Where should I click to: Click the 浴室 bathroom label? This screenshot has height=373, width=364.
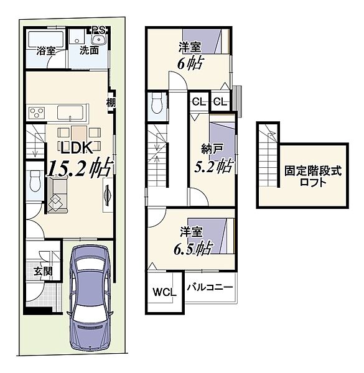[x=46, y=51]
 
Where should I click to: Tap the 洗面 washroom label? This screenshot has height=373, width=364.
[x=89, y=50]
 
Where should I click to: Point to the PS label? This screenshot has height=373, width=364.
[x=99, y=30]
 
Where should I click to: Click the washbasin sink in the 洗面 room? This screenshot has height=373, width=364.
[x=99, y=40]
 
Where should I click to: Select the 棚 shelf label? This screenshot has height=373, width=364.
[x=111, y=103]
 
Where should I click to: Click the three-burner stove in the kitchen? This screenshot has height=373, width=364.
[x=37, y=113]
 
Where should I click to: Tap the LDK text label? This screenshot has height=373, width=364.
[x=77, y=147]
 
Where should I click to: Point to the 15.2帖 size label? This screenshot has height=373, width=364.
[x=79, y=168]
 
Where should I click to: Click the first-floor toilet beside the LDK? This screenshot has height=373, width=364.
[x=35, y=180]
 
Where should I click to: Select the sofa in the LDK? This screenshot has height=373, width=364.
[x=57, y=196]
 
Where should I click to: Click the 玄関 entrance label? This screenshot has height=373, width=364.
[x=43, y=271]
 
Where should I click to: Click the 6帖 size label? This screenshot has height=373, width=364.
[x=190, y=64]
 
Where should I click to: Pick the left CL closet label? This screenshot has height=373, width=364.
[x=199, y=102]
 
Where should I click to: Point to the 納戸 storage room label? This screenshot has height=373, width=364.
[x=212, y=150]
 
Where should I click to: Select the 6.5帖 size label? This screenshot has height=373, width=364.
[x=192, y=249]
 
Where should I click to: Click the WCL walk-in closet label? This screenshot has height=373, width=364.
[x=164, y=292]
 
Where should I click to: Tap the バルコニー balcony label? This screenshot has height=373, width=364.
[x=210, y=287]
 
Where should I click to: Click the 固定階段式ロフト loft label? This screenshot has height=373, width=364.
[x=313, y=177]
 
